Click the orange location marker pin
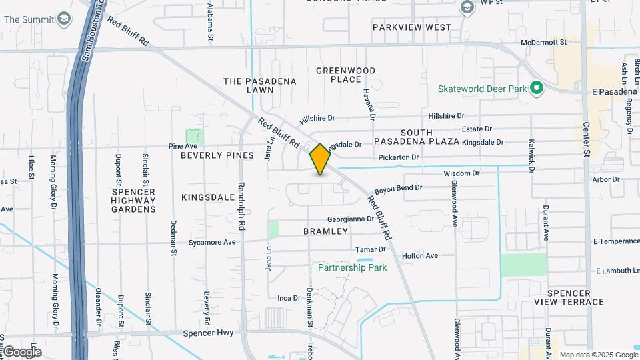320,159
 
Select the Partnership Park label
352,267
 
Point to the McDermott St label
544,42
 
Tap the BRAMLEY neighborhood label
326,231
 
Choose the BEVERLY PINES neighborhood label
217,155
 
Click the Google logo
21,351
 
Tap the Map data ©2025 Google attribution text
598,355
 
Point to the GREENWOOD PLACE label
346,75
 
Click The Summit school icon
65,18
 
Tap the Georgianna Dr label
351,219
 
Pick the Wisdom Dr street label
461,173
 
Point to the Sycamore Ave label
212,242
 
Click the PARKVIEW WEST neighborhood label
412,27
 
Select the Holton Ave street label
419,255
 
